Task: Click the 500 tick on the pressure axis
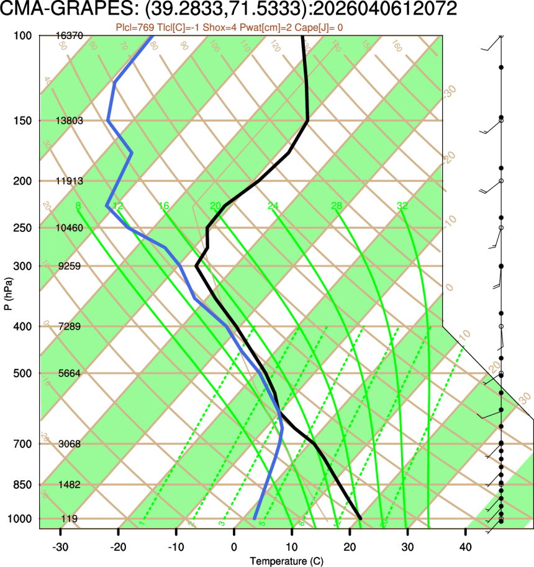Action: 22,373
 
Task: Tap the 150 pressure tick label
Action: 22,120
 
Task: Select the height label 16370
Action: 70,37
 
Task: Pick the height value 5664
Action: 70,373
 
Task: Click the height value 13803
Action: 70,120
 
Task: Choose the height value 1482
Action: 70,484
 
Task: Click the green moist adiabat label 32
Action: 402,206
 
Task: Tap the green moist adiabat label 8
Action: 78,206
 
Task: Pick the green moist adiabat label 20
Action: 215,206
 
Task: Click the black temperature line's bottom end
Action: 360,517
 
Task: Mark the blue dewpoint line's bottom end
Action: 255,517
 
